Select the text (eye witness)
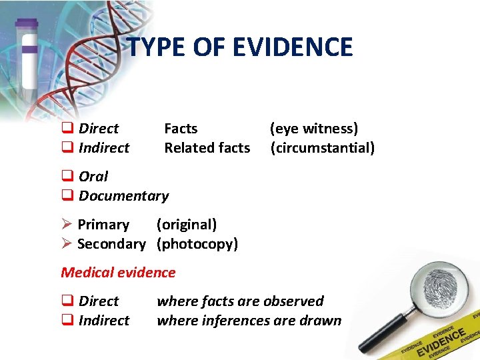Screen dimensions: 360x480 click(314, 128)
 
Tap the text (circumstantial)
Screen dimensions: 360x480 click(323, 147)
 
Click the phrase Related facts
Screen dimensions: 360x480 click(207, 147)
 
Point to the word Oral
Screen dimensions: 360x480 click(93, 176)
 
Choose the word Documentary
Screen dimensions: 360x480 click(123, 195)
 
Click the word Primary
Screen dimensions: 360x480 click(103, 225)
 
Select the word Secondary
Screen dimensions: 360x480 click(111, 244)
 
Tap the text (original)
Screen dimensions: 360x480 click(187, 225)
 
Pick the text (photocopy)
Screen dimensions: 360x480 click(197, 244)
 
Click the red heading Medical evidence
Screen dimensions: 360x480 click(118, 272)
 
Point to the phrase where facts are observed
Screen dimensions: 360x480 click(240, 301)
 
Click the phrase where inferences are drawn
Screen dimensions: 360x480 click(249, 321)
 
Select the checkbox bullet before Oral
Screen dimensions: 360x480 click(67, 177)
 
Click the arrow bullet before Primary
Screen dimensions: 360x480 click(67, 225)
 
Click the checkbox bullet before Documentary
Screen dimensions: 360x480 click(67, 196)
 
